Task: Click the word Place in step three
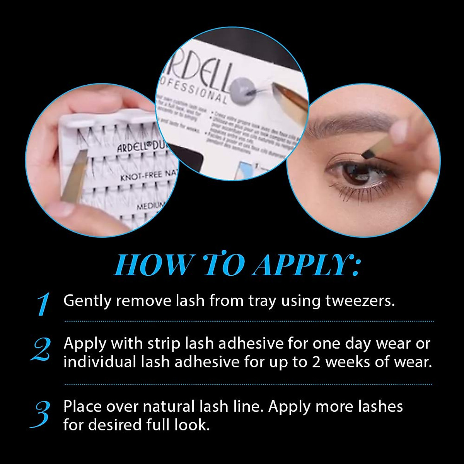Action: tap(82, 407)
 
